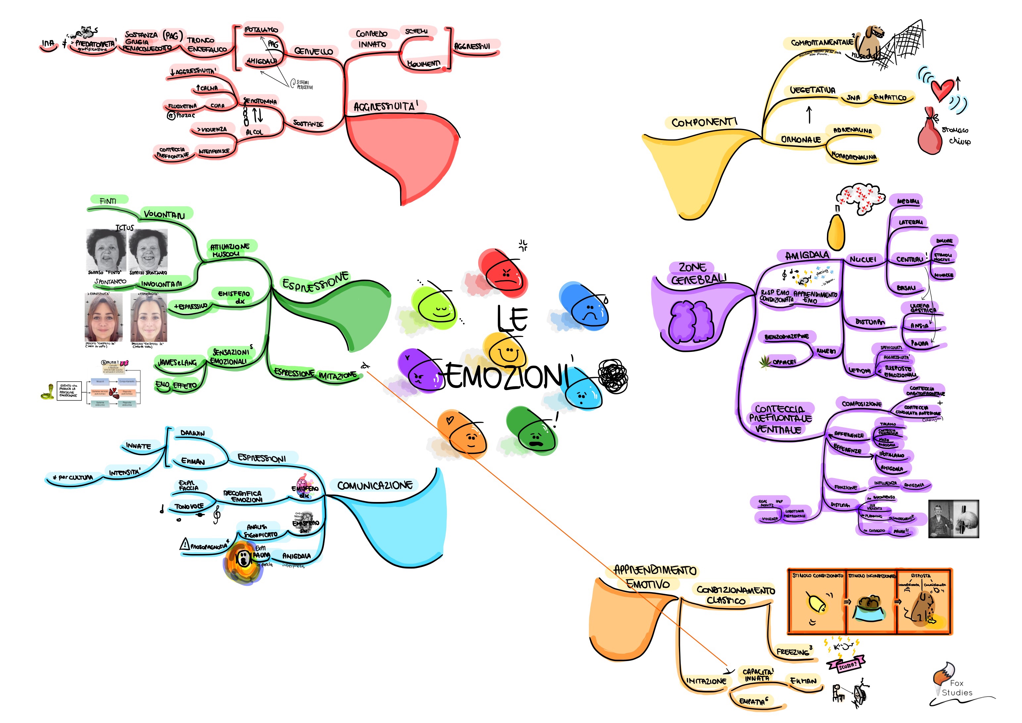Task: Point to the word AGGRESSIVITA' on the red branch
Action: (x=385, y=106)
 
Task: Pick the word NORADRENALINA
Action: (x=854, y=156)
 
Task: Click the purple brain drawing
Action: (x=691, y=321)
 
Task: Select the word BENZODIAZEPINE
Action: (x=787, y=336)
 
